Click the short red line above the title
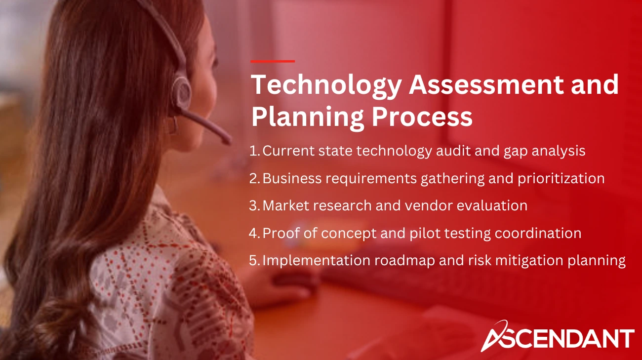pyautogui.click(x=273, y=61)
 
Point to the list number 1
pyautogui.click(x=254, y=151)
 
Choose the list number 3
pyautogui.click(x=254, y=205)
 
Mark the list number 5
pyautogui.click(x=254, y=260)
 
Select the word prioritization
pyautogui.click(x=561, y=178)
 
